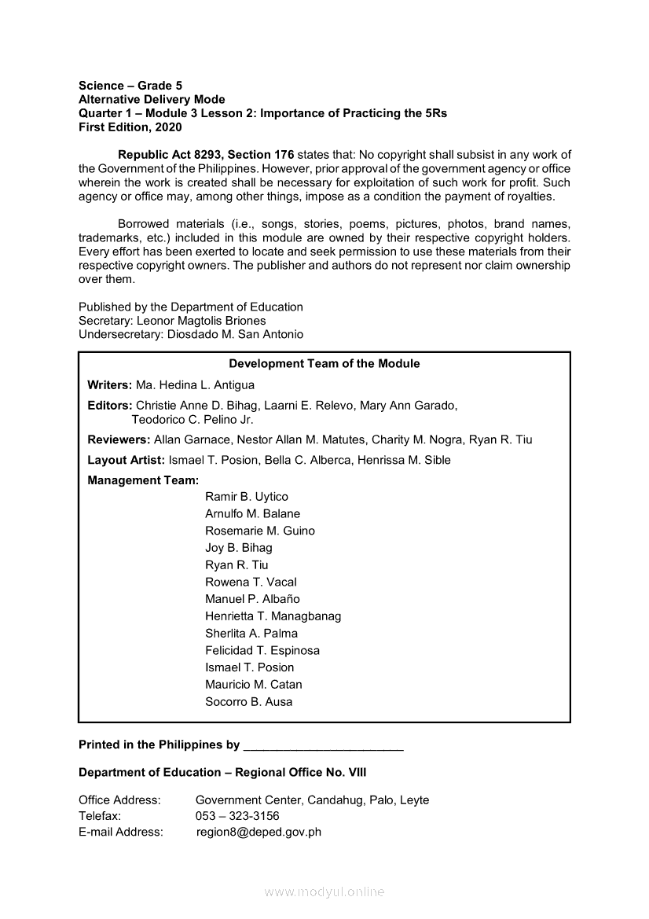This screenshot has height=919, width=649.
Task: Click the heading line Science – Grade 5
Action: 130,86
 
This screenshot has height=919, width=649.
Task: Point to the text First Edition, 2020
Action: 130,127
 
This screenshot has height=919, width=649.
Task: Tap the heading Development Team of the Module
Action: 324,364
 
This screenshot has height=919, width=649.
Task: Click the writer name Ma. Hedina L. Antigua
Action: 195,385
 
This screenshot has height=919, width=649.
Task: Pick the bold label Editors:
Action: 110,406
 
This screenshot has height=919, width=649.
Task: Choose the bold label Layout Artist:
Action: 126,461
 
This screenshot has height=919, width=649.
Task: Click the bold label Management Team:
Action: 143,480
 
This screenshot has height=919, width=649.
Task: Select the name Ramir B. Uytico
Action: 247,497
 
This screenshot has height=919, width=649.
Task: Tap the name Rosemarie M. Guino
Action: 260,531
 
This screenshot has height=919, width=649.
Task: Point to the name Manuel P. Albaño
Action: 252,600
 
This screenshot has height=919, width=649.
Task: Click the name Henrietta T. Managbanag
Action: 273,616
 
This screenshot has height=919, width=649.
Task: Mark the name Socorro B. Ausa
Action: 248,702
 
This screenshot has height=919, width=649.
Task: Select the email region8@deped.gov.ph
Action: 258,832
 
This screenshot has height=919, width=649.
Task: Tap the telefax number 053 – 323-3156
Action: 237,816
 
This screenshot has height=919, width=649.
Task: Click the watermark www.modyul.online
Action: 324,892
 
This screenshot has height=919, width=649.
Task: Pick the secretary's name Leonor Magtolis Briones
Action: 201,321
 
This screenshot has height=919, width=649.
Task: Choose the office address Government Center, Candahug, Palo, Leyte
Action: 312,800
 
